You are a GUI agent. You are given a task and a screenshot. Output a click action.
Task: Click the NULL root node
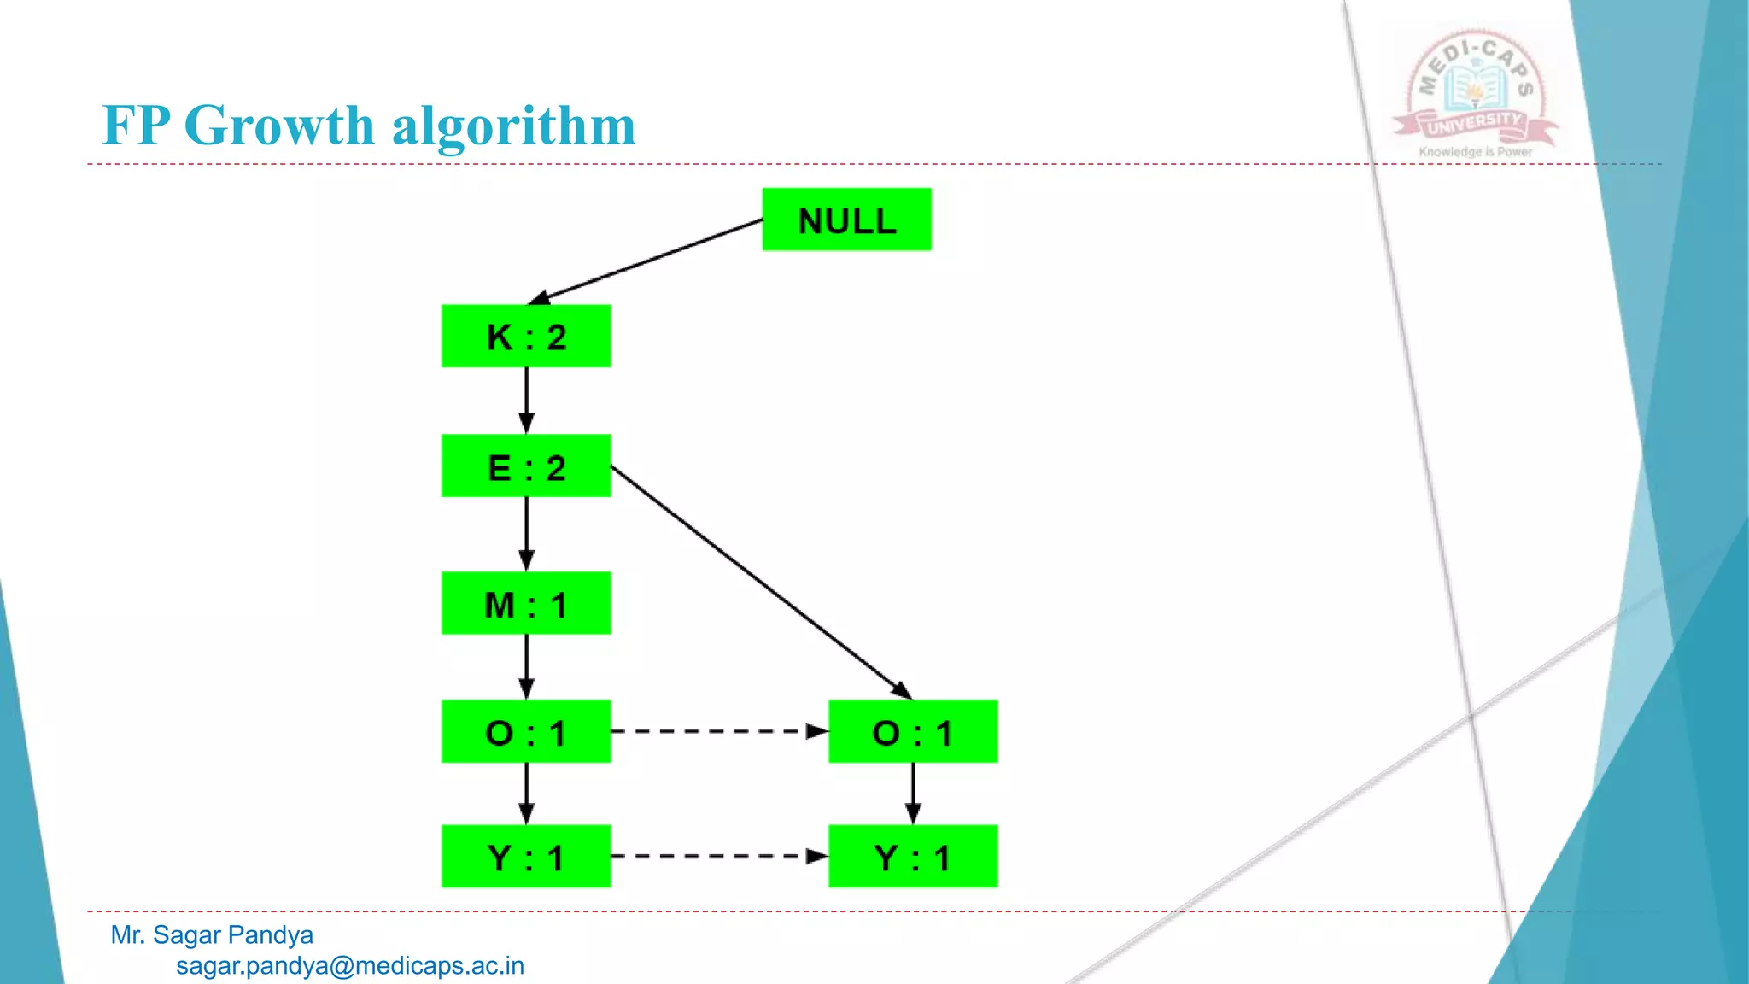pyautogui.click(x=846, y=220)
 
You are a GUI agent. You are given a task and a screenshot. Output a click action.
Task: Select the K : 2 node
pyautogui.click(x=526, y=337)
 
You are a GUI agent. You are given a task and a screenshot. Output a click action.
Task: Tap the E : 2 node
pyautogui.click(x=526, y=466)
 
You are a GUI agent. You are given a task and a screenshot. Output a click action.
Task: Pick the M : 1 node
pyautogui.click(x=526, y=604)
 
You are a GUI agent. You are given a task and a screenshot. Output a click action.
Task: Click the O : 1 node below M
pyautogui.click(x=526, y=732)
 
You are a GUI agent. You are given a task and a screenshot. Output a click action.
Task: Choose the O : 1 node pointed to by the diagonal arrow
pyautogui.click(x=912, y=732)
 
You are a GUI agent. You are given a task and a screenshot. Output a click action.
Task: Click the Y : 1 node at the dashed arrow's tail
pyautogui.click(x=526, y=856)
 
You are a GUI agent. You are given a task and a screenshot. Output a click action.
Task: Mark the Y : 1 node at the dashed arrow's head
pyautogui.click(x=912, y=856)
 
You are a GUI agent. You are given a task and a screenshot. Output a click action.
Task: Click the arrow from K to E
pyautogui.click(x=526, y=400)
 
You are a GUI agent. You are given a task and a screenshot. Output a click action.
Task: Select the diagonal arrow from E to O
pyautogui.click(x=760, y=581)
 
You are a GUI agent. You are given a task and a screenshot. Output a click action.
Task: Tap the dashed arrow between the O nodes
pyautogui.click(x=719, y=732)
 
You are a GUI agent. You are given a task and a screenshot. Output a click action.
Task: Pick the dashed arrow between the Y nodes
pyautogui.click(x=719, y=856)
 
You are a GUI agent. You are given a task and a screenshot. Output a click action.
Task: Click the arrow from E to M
pyautogui.click(x=526, y=533)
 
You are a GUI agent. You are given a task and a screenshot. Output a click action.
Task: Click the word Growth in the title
pyautogui.click(x=279, y=126)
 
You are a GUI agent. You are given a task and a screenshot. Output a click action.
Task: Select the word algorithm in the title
pyautogui.click(x=513, y=126)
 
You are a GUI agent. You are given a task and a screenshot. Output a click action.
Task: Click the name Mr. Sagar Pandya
pyautogui.click(x=212, y=935)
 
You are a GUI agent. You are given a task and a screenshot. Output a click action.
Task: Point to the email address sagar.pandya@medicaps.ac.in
pyautogui.click(x=350, y=966)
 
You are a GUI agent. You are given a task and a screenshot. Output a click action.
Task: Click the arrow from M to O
pyautogui.click(x=526, y=666)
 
